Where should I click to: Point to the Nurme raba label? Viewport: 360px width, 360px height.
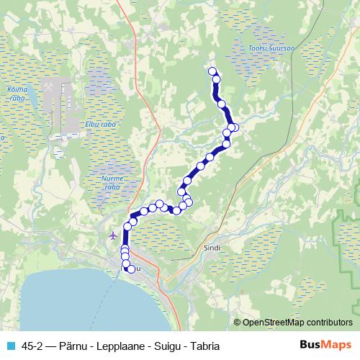click(112, 181)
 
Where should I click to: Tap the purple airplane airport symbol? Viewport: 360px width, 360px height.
click(113, 235)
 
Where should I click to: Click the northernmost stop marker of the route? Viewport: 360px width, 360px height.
click(212, 71)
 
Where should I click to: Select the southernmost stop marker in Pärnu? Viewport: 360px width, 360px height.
click(131, 270)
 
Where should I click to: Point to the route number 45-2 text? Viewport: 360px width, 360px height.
click(35, 346)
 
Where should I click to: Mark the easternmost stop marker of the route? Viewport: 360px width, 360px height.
click(234, 128)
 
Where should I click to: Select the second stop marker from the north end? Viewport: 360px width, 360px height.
click(216, 78)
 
